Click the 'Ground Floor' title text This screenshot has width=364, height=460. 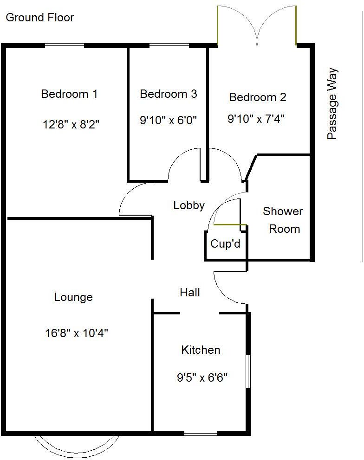tap(39, 18)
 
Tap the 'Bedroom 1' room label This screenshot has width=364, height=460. tap(69, 94)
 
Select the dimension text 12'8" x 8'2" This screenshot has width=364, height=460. tap(71, 124)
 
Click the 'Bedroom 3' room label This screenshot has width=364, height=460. tap(168, 94)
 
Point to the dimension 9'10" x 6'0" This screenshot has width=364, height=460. tap(168, 121)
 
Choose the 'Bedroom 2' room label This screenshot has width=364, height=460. tap(258, 97)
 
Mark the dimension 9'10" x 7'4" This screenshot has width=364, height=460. tap(256, 119)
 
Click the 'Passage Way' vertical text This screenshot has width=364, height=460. tap(332, 104)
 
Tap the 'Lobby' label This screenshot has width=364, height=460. tap(189, 205)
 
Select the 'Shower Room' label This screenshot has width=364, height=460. tap(283, 220)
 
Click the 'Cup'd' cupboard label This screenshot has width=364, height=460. tap(226, 243)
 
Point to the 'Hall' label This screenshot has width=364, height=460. tap(190, 292)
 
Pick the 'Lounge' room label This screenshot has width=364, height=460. tap(73, 297)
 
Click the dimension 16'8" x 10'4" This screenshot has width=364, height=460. tap(77, 333)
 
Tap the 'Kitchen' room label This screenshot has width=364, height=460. tap(201, 350)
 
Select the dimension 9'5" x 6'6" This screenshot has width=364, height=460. tap(202, 378)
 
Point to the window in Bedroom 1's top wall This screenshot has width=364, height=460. tap(65, 45)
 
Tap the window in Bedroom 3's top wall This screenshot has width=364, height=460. tap(169, 45)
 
